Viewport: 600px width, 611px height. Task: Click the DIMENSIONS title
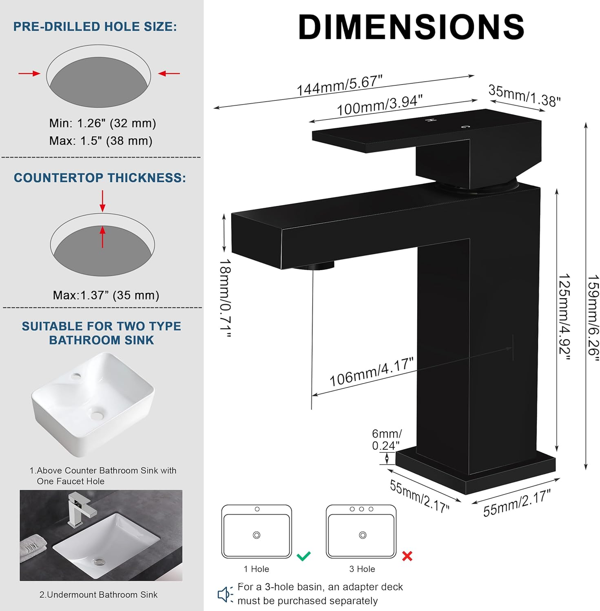[411, 27]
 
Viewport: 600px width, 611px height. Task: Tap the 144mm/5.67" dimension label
[339, 85]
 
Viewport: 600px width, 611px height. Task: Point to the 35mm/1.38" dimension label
[524, 96]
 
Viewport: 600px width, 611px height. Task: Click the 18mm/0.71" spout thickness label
[225, 297]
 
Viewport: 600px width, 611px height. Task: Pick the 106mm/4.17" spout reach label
[371, 372]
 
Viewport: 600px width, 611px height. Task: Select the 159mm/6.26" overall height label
[593, 317]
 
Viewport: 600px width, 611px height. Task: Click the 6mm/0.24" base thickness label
[386, 440]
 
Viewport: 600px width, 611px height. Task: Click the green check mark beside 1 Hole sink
[304, 556]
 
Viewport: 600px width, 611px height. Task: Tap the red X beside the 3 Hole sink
[407, 556]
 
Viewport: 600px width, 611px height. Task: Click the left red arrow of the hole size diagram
[29, 73]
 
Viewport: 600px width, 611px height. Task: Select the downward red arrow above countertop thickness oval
[103, 201]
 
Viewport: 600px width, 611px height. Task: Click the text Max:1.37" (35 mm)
[106, 295]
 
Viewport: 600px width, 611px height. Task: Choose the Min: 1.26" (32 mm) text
[103, 123]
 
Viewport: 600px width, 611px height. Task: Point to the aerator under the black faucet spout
[313, 265]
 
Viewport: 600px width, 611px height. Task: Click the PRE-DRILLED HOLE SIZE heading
[95, 27]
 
